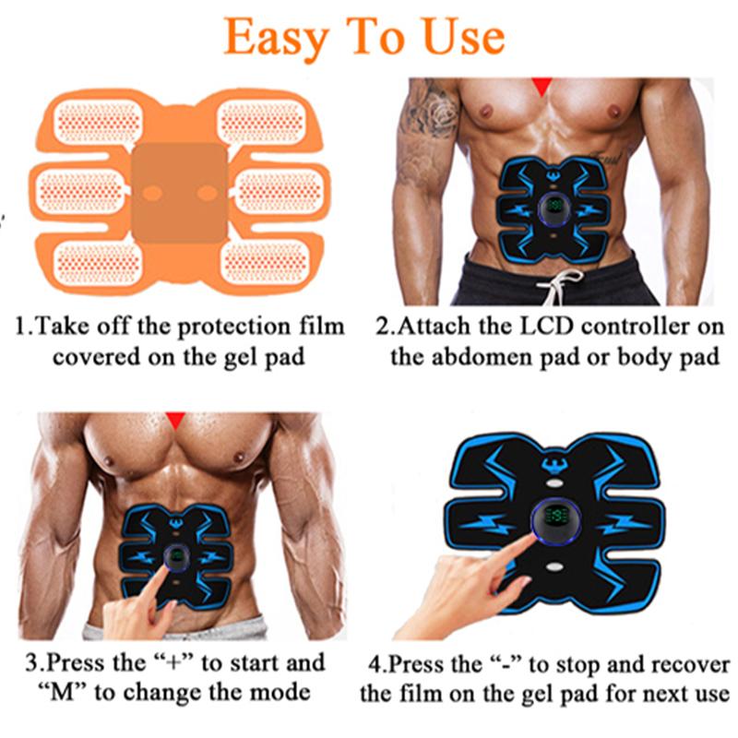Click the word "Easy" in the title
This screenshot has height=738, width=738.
[x=276, y=37]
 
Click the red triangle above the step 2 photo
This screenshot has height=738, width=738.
[x=542, y=86]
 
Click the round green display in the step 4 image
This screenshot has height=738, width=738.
[x=553, y=524]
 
